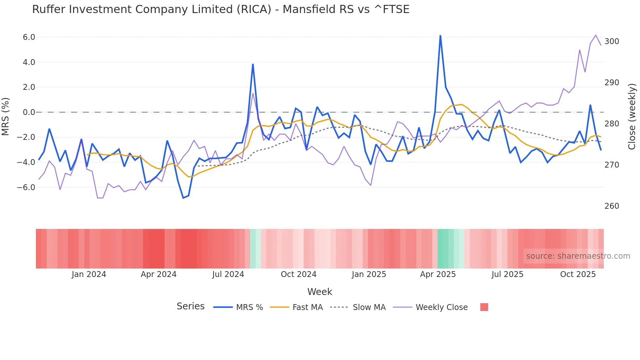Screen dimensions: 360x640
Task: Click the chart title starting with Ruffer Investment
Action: tap(221, 9)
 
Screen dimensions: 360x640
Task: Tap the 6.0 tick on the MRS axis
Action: tap(29, 37)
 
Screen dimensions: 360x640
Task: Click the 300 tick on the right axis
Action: tap(612, 41)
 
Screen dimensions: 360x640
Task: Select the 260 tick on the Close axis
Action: tap(612, 206)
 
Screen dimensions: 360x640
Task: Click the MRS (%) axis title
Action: tap(6, 116)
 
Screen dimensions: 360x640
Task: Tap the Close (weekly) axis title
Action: tap(632, 117)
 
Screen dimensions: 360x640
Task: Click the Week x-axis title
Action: tap(320, 292)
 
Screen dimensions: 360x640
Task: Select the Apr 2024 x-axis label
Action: tap(158, 274)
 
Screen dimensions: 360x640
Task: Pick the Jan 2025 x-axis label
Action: tap(369, 274)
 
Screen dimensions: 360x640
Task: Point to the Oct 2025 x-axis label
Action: tap(578, 274)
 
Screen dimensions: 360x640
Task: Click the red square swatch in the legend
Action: tap(484, 307)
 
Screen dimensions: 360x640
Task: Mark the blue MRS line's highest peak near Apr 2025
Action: tap(440, 36)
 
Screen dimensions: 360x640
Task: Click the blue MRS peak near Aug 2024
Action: tap(253, 64)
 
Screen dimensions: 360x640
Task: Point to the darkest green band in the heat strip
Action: tap(442, 249)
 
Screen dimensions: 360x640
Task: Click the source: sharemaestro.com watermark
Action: tap(578, 256)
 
